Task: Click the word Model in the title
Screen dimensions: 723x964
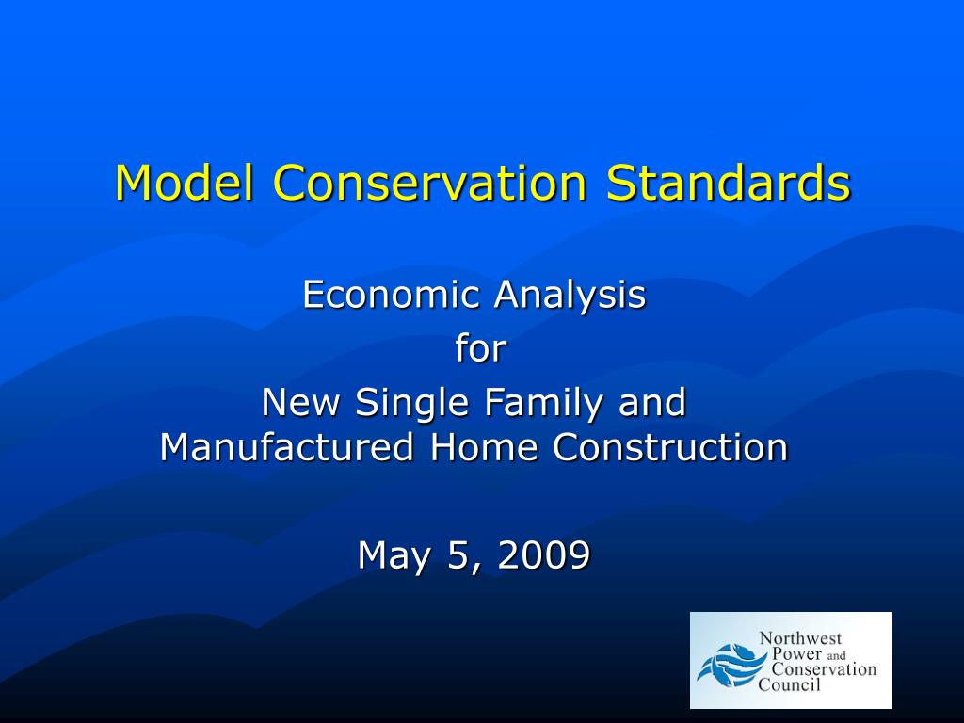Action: pos(185,183)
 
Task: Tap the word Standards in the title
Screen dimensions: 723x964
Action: pos(729,183)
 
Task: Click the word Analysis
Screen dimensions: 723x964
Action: pos(570,295)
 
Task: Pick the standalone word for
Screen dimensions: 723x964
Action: pos(481,349)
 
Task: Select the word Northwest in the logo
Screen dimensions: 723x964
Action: pos(801,639)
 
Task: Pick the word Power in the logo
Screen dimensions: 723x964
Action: pos(796,654)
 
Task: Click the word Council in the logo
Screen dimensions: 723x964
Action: pos(790,684)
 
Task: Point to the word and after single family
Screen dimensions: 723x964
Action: pos(651,403)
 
